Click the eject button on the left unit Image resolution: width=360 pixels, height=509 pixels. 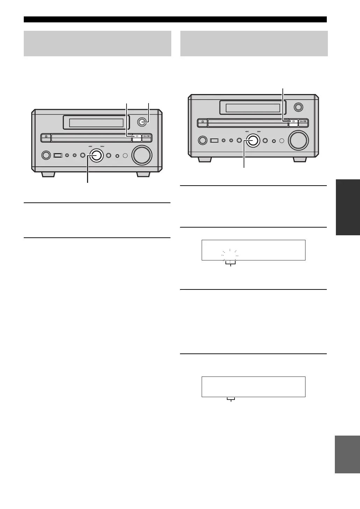coord(46,138)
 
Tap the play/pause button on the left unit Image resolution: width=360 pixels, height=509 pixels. coord(147,138)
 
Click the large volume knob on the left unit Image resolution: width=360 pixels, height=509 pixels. coord(142,155)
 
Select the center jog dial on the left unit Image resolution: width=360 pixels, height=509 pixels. coord(95,155)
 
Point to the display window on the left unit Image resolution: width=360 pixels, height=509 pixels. coord(96,123)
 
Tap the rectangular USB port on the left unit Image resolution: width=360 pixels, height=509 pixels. coord(58,155)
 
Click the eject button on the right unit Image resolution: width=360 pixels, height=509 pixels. coord(203,123)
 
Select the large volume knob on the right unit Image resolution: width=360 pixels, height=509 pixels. coord(298,140)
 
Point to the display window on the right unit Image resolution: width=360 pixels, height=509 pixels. coord(253,108)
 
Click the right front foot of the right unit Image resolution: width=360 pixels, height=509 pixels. coord(300,159)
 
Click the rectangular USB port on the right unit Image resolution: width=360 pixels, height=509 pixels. coord(214,140)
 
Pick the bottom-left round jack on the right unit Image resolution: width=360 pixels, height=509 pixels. coord(202,140)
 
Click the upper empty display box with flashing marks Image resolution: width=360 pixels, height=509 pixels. coord(253,250)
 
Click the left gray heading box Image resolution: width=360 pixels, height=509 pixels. coord(97,43)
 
